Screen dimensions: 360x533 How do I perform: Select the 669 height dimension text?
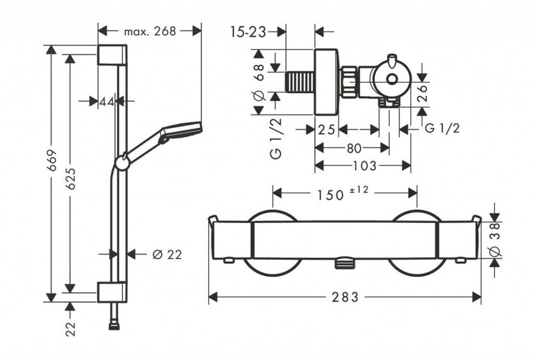click(51, 164)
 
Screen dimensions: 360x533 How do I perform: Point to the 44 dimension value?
click(107, 101)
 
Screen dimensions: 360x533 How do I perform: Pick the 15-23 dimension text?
click(248, 32)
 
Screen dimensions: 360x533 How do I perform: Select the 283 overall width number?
click(345, 297)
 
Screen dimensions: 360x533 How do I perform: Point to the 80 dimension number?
click(354, 148)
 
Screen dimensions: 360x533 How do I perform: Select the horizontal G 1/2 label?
click(442, 129)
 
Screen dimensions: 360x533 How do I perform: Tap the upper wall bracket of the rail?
click(111, 55)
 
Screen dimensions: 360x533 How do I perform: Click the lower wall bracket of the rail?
click(111, 292)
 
